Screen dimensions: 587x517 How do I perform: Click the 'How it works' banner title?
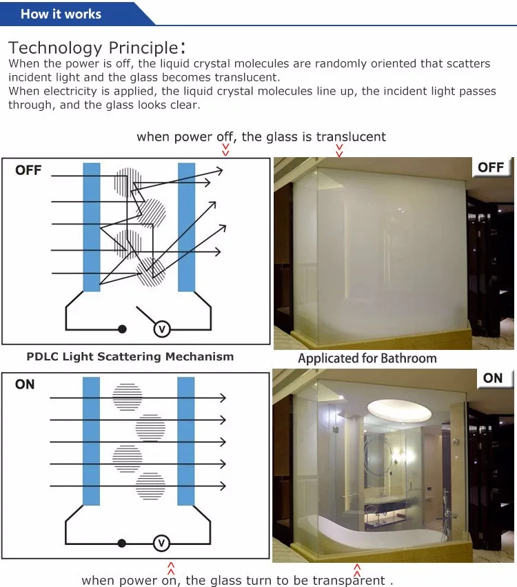point(61,14)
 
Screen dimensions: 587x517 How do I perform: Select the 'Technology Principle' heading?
point(93,48)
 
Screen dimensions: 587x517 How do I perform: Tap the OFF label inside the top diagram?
point(28,170)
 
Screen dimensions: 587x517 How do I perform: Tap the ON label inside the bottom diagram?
point(25,384)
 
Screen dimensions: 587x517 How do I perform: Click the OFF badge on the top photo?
point(491,167)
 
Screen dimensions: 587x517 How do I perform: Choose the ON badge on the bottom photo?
point(493,378)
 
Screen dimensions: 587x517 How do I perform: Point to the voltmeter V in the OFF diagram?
point(161,329)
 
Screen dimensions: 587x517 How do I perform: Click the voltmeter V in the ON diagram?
point(161,544)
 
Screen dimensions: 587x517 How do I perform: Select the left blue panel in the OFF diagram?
point(92,227)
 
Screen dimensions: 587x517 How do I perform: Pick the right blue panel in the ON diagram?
point(186,441)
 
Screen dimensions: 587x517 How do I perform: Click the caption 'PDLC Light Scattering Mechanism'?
point(130,357)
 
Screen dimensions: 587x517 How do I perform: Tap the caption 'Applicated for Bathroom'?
point(367,358)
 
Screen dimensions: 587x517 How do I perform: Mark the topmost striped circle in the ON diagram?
point(128,397)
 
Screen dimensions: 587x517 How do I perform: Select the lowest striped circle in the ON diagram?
point(150,486)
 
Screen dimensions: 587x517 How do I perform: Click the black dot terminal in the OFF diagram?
point(122,329)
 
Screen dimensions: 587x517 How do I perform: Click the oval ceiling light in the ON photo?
point(401,407)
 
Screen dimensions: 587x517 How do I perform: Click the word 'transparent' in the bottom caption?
point(348,580)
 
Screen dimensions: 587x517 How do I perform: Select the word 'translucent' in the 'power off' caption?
point(351,136)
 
